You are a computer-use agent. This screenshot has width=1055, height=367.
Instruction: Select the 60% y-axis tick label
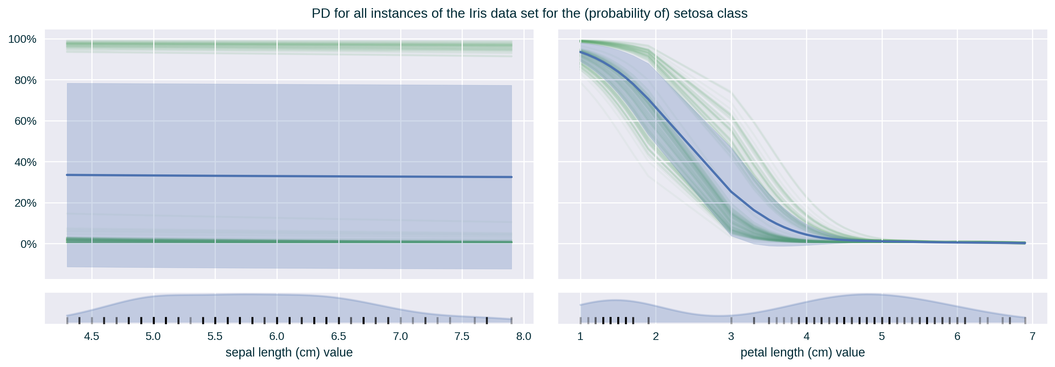tap(25, 121)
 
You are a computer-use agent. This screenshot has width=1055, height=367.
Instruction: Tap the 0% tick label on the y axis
tap(28, 244)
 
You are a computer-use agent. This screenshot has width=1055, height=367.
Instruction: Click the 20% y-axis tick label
tap(25, 203)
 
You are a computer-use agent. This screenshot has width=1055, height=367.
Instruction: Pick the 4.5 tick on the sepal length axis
tap(91, 336)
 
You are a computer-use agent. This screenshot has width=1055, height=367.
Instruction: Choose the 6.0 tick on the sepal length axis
tap(276, 336)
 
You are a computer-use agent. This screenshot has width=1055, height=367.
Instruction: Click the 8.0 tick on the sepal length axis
tap(523, 336)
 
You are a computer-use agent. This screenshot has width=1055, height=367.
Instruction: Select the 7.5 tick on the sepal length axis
tap(462, 336)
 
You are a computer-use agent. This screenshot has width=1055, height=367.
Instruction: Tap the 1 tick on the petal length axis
tap(580, 336)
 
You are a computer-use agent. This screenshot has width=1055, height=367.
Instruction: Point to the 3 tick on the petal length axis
tap(731, 336)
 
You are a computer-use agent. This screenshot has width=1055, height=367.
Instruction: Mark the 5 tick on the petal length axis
tap(881, 336)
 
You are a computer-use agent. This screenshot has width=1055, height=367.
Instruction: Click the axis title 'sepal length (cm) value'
tap(289, 352)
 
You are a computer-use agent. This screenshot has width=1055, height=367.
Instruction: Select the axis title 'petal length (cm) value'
tap(802, 352)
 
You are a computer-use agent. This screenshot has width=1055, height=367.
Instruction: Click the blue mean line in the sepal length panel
tap(287, 176)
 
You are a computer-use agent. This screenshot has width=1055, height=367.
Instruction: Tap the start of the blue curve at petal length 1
tap(581, 52)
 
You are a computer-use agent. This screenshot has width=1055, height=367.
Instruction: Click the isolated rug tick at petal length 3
tap(731, 320)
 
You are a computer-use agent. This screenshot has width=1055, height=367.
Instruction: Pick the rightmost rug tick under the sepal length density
tap(511, 320)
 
